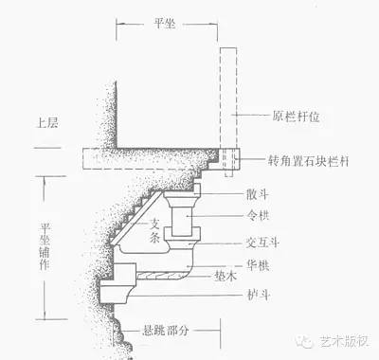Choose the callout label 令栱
269,215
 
